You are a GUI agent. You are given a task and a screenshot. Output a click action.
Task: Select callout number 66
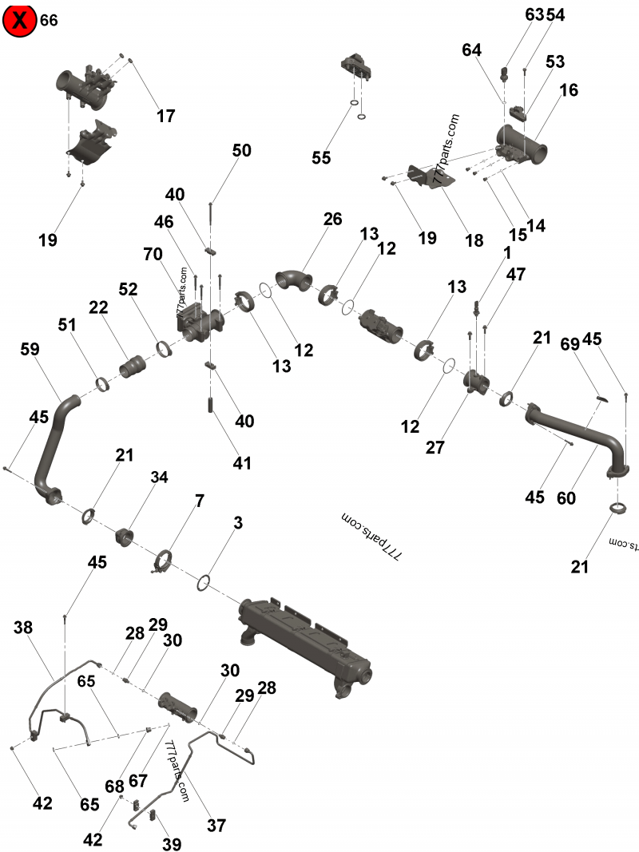[x=49, y=21]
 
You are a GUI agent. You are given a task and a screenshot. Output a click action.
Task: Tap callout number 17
[x=165, y=116]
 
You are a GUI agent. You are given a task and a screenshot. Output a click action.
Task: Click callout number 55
[x=321, y=158]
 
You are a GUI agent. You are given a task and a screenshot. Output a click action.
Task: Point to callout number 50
[x=242, y=150]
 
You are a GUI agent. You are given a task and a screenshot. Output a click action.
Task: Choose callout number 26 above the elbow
[x=332, y=218]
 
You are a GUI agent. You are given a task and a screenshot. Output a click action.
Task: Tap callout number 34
[x=160, y=478]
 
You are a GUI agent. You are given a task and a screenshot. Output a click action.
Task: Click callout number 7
[x=199, y=501]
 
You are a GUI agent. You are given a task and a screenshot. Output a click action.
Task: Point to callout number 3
[x=238, y=523]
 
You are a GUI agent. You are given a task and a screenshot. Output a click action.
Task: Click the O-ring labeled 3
[x=204, y=582]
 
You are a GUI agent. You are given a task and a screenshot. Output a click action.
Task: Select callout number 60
[x=566, y=497]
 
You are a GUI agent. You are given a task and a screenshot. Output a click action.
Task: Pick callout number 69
[x=570, y=344]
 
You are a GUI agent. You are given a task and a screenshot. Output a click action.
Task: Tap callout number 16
[x=568, y=90]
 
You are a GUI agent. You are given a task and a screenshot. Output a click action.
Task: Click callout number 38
[x=23, y=628]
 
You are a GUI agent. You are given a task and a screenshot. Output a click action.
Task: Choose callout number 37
[x=216, y=826]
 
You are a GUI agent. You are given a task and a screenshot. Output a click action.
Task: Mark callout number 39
[x=172, y=844]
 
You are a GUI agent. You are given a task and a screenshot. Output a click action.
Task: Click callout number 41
[x=242, y=462]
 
